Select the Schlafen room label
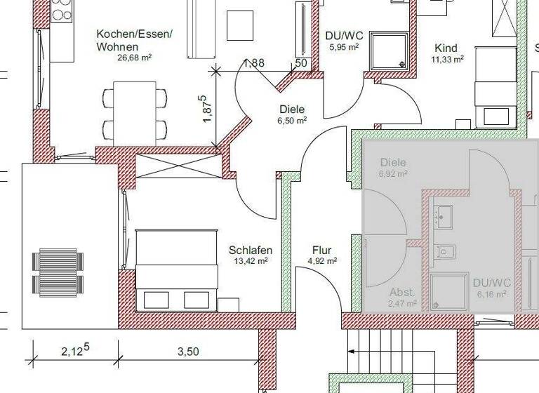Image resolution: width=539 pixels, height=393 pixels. (x=251, y=250)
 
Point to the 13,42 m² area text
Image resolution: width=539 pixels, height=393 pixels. (x=251, y=261)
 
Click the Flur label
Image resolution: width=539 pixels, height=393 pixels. (x=321, y=250)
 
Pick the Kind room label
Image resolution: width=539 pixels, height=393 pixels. (x=446, y=48)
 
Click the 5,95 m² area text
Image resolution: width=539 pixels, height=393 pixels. (x=344, y=47)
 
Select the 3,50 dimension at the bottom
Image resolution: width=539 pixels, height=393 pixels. (x=187, y=352)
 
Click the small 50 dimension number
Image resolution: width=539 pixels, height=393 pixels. (x=301, y=63)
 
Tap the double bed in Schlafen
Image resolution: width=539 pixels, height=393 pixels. (x=175, y=269)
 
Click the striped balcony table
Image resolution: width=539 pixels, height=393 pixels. (x=59, y=265)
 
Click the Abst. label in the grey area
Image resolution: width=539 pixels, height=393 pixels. (x=402, y=292)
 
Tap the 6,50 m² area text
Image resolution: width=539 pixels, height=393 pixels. (x=292, y=120)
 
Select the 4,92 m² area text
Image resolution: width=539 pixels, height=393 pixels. (x=322, y=261)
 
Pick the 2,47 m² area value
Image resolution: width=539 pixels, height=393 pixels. (x=402, y=304)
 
